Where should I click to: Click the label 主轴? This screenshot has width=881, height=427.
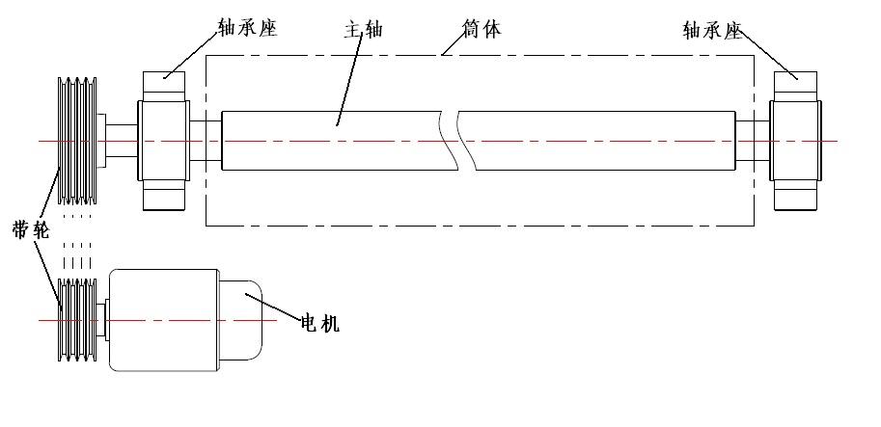point(363,29)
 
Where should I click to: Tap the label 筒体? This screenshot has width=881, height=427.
point(482,29)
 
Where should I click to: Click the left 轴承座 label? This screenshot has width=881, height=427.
point(249,29)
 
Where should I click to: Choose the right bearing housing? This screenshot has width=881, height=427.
point(796,141)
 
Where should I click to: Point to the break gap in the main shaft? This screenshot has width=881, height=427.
point(450,141)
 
